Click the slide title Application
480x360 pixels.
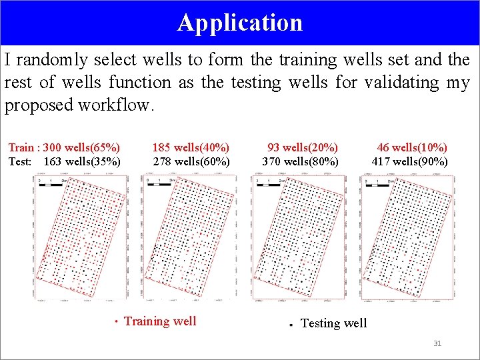coord(240,23)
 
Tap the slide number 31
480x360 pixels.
coord(437,343)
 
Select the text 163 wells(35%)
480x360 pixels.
coord(81,161)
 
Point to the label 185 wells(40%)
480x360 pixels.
coord(191,147)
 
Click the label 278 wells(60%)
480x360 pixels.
coord(191,161)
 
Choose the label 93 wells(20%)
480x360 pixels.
coord(302,147)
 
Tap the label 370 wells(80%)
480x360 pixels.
coord(300,161)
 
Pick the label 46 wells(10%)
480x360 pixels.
coord(412,147)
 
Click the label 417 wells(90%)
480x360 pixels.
coord(409,161)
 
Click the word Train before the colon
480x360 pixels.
coord(21,147)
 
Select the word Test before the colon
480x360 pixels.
coord(19,161)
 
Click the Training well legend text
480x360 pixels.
coord(160,321)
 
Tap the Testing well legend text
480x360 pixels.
coord(333,323)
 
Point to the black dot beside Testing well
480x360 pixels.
coord(291,325)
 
